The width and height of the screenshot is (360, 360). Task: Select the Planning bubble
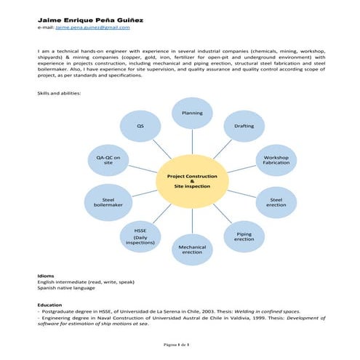pos(191,113)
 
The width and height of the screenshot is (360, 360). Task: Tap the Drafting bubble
pos(244,126)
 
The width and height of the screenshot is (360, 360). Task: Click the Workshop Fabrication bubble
pos(276,159)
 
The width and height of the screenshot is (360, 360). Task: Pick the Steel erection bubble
pos(276,201)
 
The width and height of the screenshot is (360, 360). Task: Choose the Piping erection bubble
pos(244,236)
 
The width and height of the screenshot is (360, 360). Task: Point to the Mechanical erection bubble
pos(191,249)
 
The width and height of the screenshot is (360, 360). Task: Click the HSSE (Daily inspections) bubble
pos(140,236)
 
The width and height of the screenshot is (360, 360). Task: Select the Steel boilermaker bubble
pos(108,201)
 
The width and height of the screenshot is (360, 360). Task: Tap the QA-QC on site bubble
pos(108,159)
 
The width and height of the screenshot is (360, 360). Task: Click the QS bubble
pos(140,126)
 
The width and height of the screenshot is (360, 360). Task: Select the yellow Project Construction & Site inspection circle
pos(191,182)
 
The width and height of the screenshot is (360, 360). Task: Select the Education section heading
pos(50,304)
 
